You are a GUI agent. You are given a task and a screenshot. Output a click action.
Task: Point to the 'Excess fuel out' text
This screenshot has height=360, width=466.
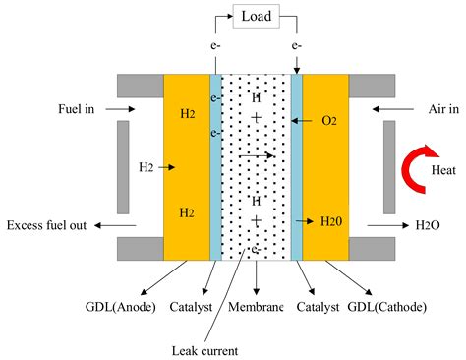point(46,225)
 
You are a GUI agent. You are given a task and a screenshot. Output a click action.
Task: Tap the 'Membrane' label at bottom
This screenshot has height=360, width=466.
point(255,307)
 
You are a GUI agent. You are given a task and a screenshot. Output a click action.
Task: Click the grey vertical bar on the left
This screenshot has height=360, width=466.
point(123,166)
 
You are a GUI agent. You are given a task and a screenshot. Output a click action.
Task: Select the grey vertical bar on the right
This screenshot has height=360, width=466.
point(389,166)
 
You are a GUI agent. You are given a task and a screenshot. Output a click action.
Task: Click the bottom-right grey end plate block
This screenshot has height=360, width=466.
point(374,249)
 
